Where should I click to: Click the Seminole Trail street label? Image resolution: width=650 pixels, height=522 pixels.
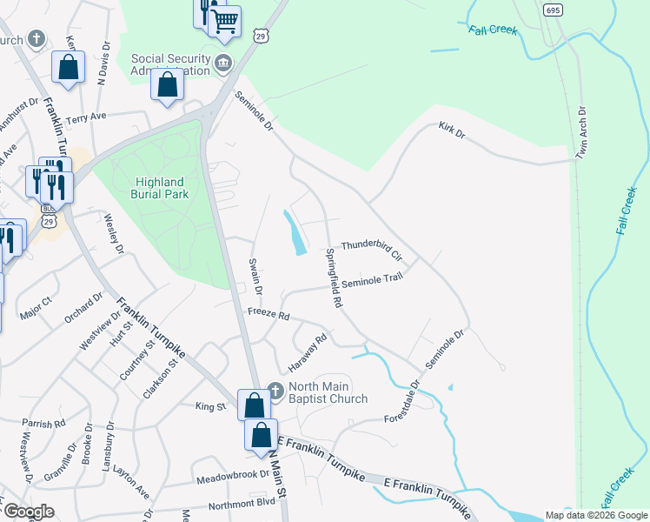(373, 280)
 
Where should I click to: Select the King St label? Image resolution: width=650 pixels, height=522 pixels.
(210, 406)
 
